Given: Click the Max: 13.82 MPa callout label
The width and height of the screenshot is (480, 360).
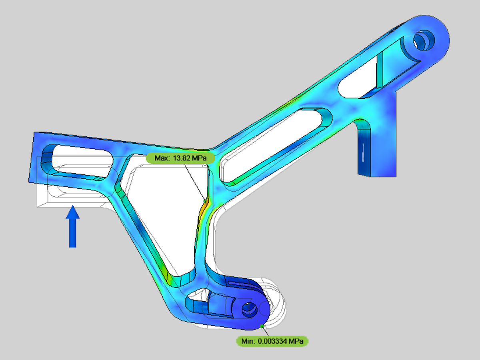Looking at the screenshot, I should (x=180, y=158).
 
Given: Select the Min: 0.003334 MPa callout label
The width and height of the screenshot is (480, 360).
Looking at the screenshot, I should (x=272, y=341).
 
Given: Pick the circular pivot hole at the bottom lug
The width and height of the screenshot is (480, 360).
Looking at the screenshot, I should (x=249, y=309).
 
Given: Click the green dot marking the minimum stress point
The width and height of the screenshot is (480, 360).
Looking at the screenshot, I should (x=262, y=326).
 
